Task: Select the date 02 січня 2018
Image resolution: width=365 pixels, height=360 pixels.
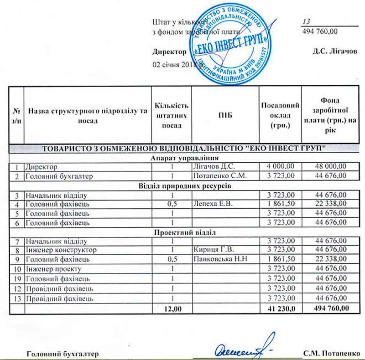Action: [177, 65]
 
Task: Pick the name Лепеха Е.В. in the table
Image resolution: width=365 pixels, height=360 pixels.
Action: [214, 204]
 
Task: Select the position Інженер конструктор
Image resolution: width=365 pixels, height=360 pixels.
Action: [61, 250]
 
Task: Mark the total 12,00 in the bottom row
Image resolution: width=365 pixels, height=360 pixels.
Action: [172, 309]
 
